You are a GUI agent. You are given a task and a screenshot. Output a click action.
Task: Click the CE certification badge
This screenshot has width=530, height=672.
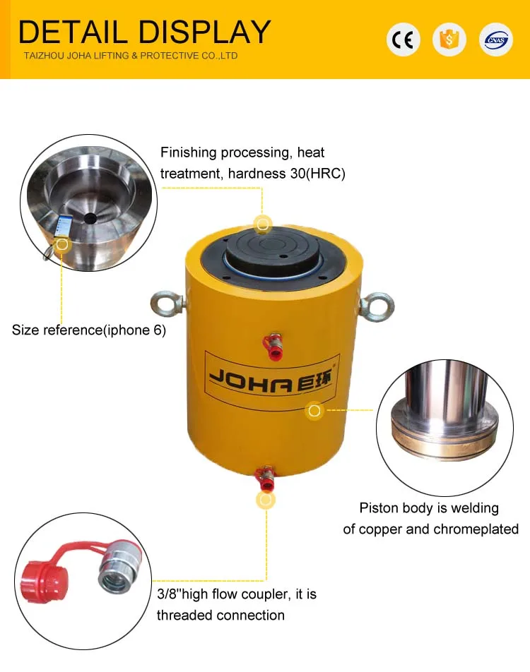(403, 40)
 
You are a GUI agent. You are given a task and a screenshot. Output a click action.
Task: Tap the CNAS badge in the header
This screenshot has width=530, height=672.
(495, 40)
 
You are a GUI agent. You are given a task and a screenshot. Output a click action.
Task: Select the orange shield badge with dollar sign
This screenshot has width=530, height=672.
(449, 40)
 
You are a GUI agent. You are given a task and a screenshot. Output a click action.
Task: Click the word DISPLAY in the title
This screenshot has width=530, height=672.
(205, 32)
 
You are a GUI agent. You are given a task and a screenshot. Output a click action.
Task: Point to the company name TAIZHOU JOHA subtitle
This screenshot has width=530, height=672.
(131, 56)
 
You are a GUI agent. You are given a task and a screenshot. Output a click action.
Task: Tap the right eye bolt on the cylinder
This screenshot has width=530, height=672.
(376, 306)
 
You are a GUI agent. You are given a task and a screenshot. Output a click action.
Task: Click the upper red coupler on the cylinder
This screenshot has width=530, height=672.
(273, 347)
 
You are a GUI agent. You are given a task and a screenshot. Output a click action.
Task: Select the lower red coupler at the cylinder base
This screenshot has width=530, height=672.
(265, 479)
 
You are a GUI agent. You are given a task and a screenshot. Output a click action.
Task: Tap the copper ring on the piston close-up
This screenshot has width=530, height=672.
(445, 441)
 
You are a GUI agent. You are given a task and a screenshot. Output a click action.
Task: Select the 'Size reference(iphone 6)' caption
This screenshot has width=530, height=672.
(89, 330)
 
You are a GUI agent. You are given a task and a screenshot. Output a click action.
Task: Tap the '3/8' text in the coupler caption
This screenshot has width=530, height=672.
(167, 594)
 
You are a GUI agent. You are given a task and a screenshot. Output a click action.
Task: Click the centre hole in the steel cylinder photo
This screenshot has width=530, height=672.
(90, 219)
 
